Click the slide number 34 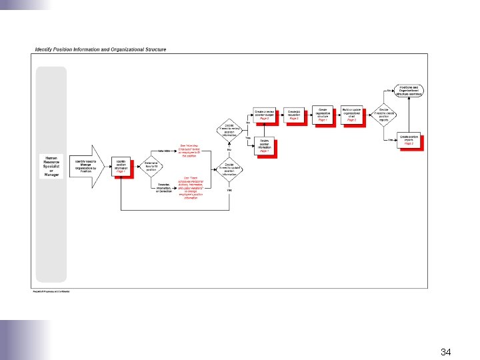[x=447, y=351]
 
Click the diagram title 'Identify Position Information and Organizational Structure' [x=101, y=49]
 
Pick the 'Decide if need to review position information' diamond [x=229, y=128]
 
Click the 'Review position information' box [x=264, y=146]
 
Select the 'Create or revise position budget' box [x=264, y=114]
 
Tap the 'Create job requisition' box [x=293, y=114]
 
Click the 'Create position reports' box [x=411, y=140]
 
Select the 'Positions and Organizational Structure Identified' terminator [x=409, y=91]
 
